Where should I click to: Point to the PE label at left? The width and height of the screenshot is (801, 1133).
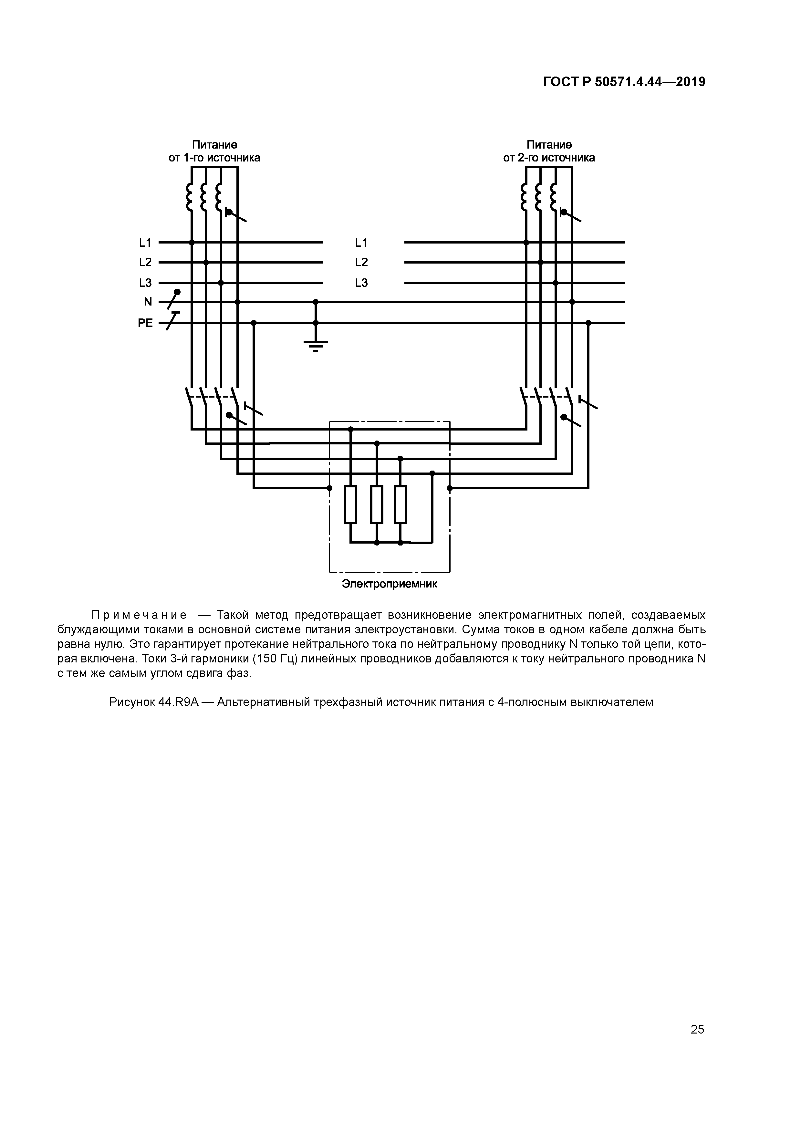145,323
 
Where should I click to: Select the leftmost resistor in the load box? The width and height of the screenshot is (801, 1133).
350,504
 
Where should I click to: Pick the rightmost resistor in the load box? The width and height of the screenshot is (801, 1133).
400,504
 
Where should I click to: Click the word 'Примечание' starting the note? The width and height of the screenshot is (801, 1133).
139,615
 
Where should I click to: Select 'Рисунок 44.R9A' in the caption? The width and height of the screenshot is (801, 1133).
153,702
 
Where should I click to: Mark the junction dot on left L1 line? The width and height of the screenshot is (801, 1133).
192,242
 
